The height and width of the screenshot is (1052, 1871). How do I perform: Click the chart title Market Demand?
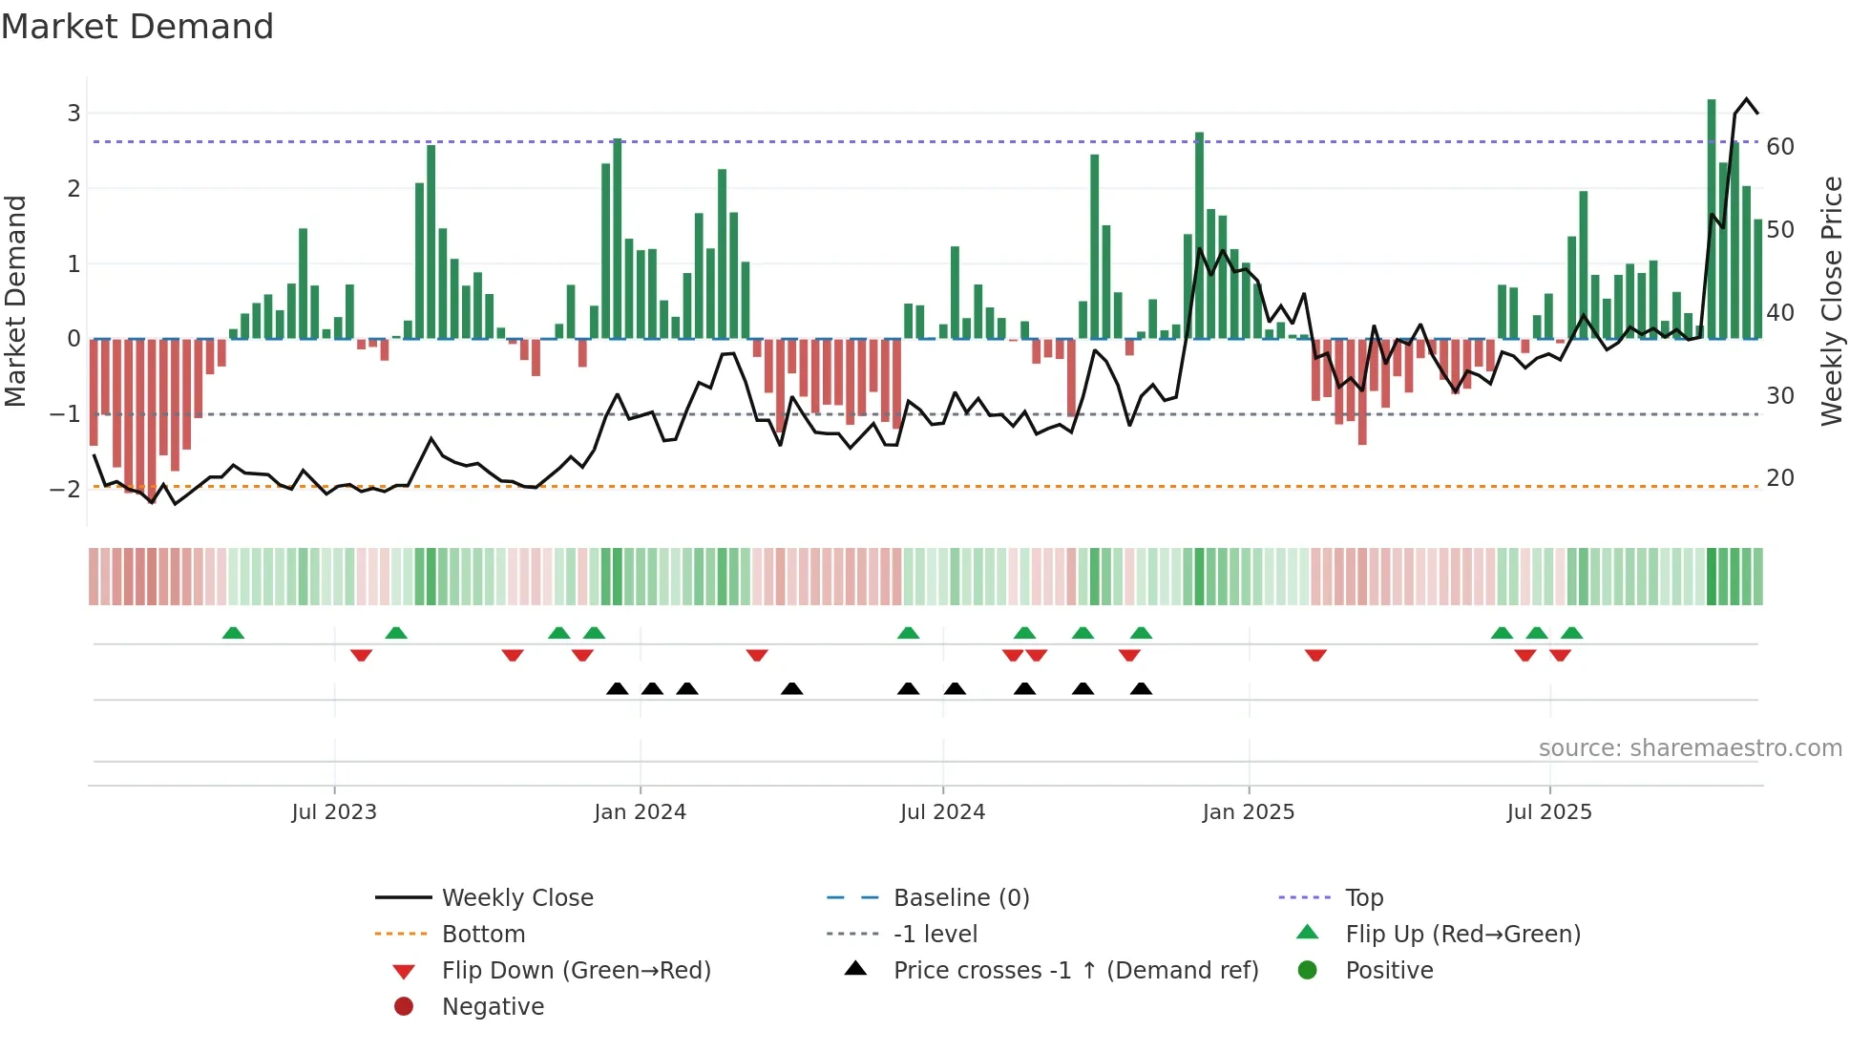click(x=137, y=27)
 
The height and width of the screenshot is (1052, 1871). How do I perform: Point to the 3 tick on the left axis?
click(x=74, y=114)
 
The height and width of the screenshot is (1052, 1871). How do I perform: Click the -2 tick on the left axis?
click(x=66, y=490)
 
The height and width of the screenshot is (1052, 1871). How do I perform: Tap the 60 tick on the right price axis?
click(x=1780, y=147)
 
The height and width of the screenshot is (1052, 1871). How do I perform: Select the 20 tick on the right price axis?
click(x=1780, y=478)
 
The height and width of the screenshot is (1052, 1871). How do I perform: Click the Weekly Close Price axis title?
click(x=1831, y=301)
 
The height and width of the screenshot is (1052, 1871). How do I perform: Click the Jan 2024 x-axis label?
click(x=640, y=812)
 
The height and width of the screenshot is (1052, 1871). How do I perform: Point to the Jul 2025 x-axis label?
click(x=1549, y=812)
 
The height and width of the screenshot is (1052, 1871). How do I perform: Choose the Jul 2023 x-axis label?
click(x=334, y=812)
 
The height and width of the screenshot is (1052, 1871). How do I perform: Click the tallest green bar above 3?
click(x=1712, y=220)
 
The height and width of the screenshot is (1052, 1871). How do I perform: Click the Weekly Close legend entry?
click(x=517, y=898)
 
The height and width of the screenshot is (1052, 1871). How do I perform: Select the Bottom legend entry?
click(x=483, y=935)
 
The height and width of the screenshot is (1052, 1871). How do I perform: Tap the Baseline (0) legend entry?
click(x=961, y=898)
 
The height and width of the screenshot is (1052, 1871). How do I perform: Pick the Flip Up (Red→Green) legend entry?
click(x=1462, y=935)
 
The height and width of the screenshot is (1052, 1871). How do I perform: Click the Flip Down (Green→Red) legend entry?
click(x=576, y=971)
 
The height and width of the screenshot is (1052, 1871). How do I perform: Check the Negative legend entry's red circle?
click(x=404, y=1007)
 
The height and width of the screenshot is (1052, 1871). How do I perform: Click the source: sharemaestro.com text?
click(x=1690, y=748)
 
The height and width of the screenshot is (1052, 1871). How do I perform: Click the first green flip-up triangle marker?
click(x=233, y=633)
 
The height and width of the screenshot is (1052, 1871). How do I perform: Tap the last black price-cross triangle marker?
click(x=1141, y=689)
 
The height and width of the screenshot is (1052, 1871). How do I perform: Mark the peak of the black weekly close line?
click(x=1747, y=99)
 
